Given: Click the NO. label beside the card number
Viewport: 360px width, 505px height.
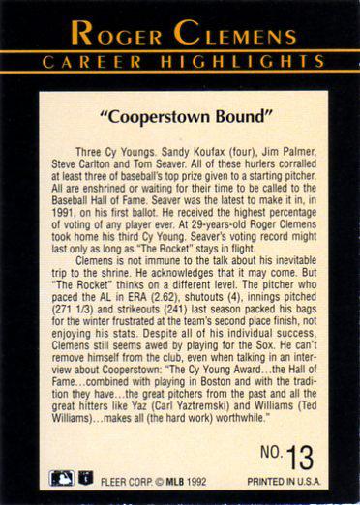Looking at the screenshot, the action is [x=270, y=453].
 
